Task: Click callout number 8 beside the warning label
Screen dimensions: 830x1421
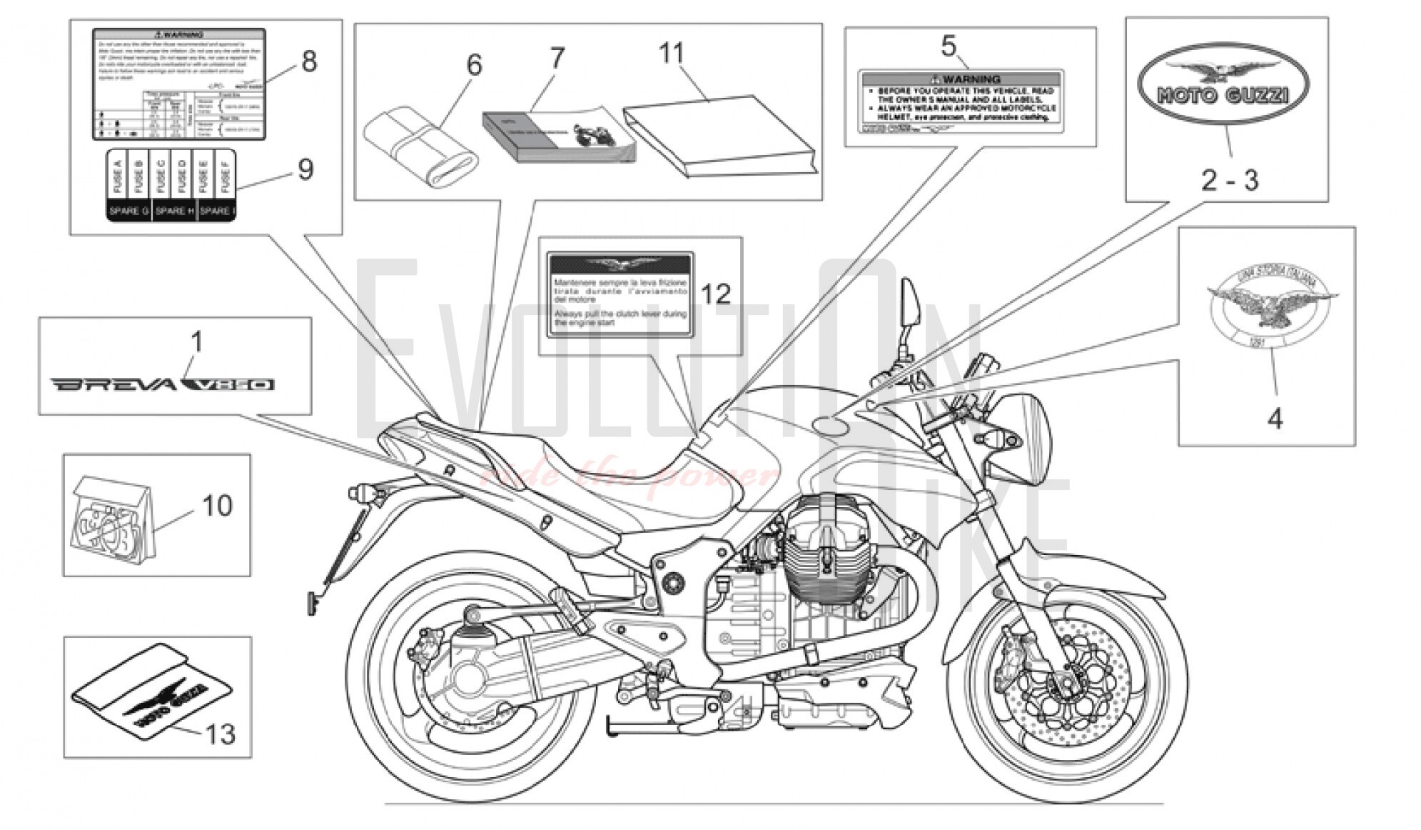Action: click(x=308, y=61)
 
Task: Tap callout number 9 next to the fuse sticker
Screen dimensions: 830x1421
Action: click(x=305, y=170)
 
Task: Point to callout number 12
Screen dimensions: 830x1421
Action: click(x=716, y=294)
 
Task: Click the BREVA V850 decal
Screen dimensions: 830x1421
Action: click(x=162, y=385)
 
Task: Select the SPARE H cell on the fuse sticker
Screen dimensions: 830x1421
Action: click(x=174, y=211)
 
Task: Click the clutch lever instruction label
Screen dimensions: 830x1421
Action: click(x=620, y=294)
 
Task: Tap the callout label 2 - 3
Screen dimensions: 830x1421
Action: click(x=1229, y=180)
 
